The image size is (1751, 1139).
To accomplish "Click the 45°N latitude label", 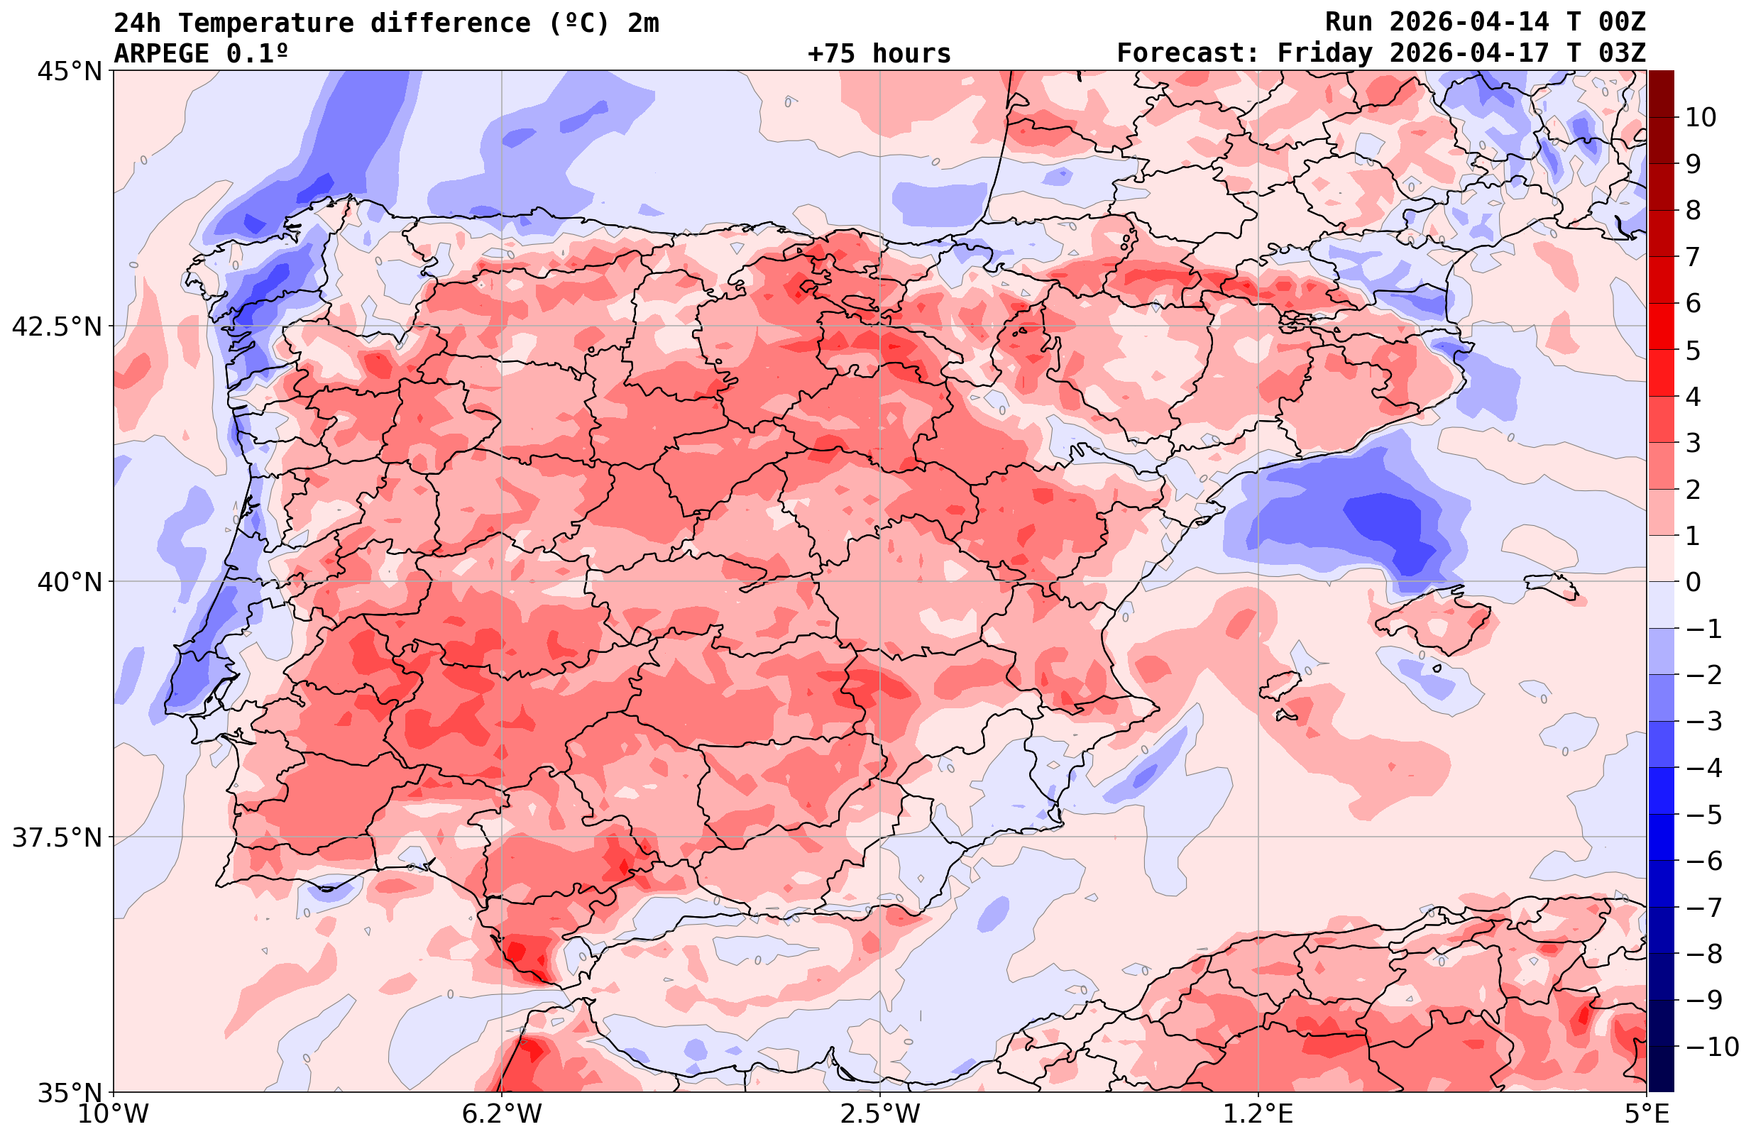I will click(x=69, y=72).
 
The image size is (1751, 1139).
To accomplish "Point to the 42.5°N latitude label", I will click(x=57, y=326).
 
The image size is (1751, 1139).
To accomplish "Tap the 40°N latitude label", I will click(x=69, y=582).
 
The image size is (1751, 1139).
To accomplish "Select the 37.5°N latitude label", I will click(x=57, y=837).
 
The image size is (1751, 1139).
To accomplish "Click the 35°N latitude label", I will click(x=69, y=1093).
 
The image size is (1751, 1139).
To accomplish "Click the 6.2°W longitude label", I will click(x=502, y=1114).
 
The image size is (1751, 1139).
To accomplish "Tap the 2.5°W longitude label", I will click(x=880, y=1114).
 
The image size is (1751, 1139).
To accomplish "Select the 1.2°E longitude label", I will click(x=1258, y=1114).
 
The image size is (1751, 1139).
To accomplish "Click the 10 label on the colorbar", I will click(x=1700, y=118).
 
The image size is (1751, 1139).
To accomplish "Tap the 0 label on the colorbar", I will click(x=1693, y=582).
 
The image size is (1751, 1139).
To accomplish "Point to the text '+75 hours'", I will click(x=879, y=54).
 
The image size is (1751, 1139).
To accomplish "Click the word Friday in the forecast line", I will click(x=1325, y=54).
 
